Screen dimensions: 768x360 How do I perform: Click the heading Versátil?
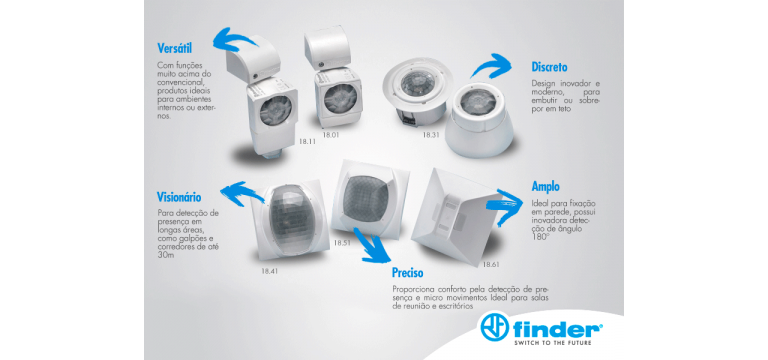[174, 48]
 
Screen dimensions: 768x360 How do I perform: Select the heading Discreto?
[550, 67]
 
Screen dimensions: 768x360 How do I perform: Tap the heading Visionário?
[179, 197]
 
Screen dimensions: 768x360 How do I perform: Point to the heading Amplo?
[546, 187]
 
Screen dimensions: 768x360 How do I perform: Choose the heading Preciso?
[408, 272]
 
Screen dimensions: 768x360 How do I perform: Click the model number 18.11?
[307, 141]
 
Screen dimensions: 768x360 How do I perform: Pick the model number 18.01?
[331, 134]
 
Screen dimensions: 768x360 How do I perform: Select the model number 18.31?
[431, 134]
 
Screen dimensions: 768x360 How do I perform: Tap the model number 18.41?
[269, 270]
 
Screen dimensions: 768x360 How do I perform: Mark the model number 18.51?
[342, 242]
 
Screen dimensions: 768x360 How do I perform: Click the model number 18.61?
[491, 264]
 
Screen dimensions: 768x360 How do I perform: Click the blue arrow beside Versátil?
[234, 39]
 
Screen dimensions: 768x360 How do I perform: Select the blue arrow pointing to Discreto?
[491, 65]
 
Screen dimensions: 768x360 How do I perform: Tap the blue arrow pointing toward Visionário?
[242, 192]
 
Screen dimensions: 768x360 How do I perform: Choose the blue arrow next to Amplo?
[504, 206]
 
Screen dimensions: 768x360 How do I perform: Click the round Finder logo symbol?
[495, 327]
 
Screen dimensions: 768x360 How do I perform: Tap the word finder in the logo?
[558, 328]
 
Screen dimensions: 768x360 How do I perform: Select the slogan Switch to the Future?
[552, 343]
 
